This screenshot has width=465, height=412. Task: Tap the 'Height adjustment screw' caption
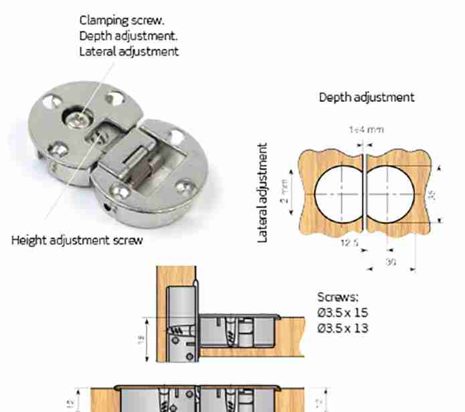pyautogui.click(x=77, y=240)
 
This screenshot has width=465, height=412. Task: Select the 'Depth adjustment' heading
pyautogui.click(x=366, y=97)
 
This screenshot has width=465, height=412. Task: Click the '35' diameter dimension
pyautogui.click(x=432, y=194)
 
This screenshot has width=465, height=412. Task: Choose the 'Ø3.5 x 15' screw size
pyautogui.click(x=343, y=313)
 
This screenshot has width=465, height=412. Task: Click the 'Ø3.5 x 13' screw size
pyautogui.click(x=343, y=328)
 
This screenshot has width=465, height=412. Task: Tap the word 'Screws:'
pyautogui.click(x=338, y=297)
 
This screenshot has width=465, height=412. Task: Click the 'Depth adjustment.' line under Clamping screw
pyautogui.click(x=128, y=36)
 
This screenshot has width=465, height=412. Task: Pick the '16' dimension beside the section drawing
pyautogui.click(x=141, y=340)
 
